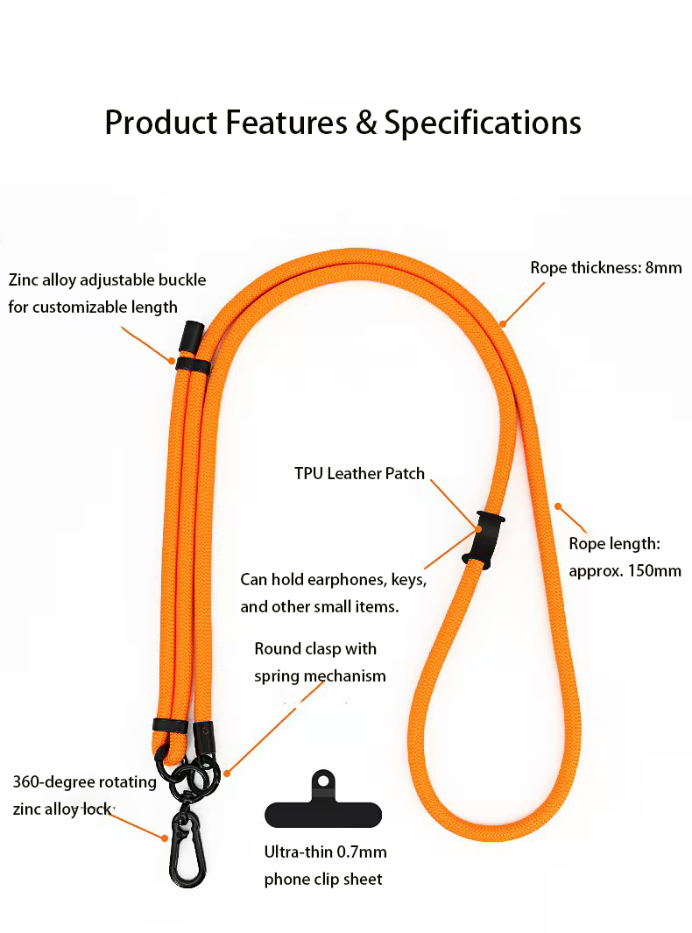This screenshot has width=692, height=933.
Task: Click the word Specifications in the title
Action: coord(483,124)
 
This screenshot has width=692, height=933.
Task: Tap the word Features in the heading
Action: coord(286,123)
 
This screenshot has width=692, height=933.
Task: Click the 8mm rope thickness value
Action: coord(663,268)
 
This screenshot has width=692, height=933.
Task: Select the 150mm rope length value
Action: coord(654,570)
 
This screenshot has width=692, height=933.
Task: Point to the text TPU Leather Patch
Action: coord(359,473)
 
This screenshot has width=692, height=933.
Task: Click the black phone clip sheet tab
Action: coord(323,800)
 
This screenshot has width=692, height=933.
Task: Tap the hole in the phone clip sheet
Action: coord(323,780)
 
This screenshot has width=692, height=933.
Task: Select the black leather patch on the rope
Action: coord(483,540)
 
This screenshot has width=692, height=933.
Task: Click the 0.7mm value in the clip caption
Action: coord(362,852)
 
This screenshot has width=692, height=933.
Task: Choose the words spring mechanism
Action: coord(320,676)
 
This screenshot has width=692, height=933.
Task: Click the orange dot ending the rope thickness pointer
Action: coord(503,324)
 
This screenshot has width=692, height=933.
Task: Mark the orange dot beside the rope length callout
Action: coord(558,506)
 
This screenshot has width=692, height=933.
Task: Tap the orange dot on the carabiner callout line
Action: coord(165,838)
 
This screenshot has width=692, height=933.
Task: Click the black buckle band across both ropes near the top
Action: coord(193,364)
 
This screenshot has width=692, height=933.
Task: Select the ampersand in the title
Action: coord(366,124)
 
